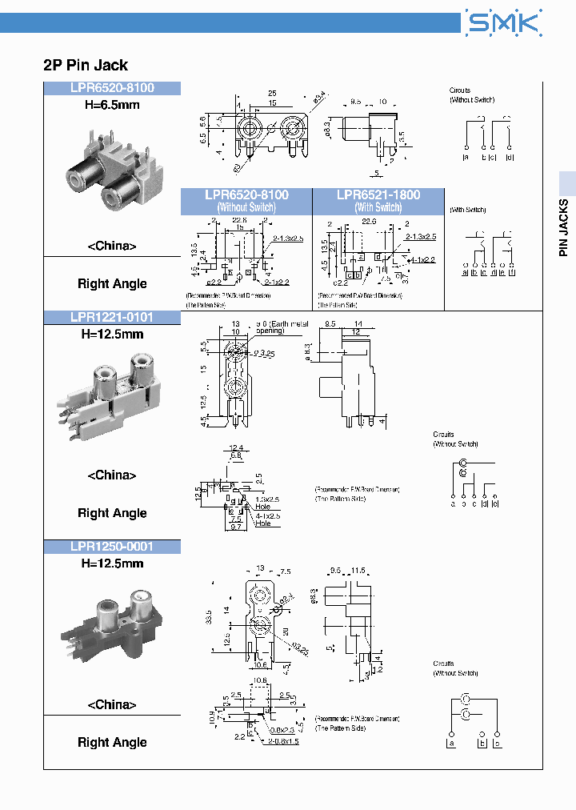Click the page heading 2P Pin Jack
(x=86, y=66)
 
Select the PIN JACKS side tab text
(x=564, y=227)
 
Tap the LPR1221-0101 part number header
(x=111, y=318)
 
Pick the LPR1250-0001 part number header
(x=111, y=547)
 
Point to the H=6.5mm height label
(x=111, y=104)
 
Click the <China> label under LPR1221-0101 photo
(x=111, y=475)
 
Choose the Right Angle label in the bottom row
(x=112, y=743)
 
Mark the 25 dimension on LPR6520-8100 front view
(x=272, y=94)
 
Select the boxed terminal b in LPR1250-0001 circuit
(x=482, y=744)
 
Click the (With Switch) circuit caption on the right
(x=468, y=210)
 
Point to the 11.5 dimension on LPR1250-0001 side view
(x=357, y=571)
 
